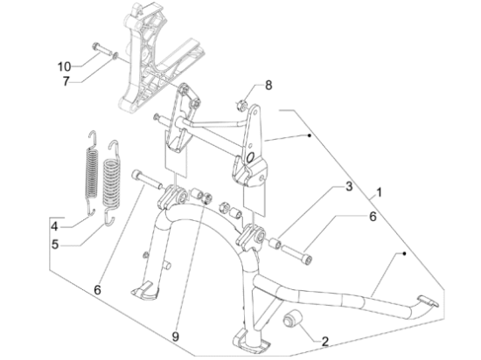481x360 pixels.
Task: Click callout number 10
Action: [x=64, y=66]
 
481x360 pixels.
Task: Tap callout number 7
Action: [x=66, y=81]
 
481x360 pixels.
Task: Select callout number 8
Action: [x=268, y=86]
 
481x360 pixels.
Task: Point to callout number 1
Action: [x=380, y=193]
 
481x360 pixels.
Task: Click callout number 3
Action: [x=349, y=186]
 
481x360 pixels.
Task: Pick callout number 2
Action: [x=325, y=341]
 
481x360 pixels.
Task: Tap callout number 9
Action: [x=175, y=337]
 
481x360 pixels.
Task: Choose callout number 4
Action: [x=54, y=227]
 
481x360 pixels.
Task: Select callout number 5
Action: [x=55, y=245]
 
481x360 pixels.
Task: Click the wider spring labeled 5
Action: [x=111, y=183]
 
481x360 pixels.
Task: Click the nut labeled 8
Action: [x=242, y=105]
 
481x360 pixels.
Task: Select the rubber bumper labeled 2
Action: [x=290, y=319]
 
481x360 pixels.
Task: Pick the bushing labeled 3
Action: [x=275, y=236]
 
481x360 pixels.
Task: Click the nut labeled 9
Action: [x=207, y=197]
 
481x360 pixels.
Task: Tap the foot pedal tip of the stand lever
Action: [x=428, y=301]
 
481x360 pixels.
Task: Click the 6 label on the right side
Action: [x=373, y=217]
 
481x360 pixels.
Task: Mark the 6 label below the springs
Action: [x=97, y=290]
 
